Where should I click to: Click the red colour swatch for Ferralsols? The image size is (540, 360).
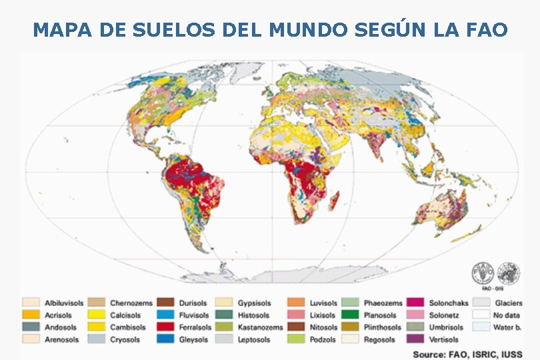tap(166, 327)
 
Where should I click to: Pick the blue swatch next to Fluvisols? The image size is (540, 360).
tap(166, 315)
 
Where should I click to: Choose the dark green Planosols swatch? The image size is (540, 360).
tap(351, 315)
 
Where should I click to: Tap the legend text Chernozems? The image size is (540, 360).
tap(131, 303)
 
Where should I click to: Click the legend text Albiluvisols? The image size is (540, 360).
tap(65, 303)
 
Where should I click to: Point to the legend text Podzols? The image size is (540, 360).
tap(322, 339)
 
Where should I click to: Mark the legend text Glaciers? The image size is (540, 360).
tap(509, 303)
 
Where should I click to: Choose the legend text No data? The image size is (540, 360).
tap(508, 315)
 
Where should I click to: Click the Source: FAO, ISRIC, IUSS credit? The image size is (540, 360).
tap(467, 354)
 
